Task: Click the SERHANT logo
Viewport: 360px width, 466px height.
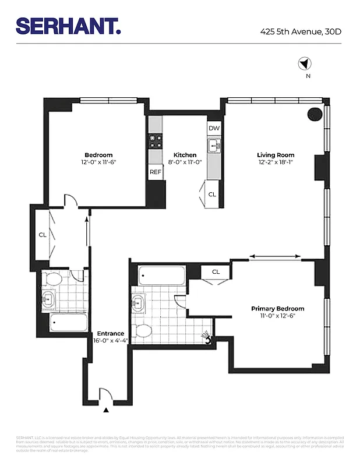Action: click(68, 26)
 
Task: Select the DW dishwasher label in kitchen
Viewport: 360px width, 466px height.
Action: click(213, 128)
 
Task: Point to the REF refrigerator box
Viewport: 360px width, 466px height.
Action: click(155, 172)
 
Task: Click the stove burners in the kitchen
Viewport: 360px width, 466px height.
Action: click(155, 140)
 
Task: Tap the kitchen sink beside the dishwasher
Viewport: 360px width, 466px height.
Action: click(213, 144)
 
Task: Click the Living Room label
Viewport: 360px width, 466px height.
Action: click(276, 155)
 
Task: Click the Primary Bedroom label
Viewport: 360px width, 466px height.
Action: click(277, 309)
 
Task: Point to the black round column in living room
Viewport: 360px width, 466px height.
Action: click(314, 114)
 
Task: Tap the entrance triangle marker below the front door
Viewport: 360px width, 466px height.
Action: click(105, 411)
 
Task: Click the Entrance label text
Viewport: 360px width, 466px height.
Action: click(110, 334)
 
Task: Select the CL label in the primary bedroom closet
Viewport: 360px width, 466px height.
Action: click(216, 271)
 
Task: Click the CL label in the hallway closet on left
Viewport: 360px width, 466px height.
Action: click(43, 235)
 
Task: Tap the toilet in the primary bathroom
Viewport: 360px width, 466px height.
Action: click(143, 331)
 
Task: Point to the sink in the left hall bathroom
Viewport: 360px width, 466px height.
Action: click(48, 301)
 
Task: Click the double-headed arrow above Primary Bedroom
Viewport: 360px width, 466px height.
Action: click(276, 256)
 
